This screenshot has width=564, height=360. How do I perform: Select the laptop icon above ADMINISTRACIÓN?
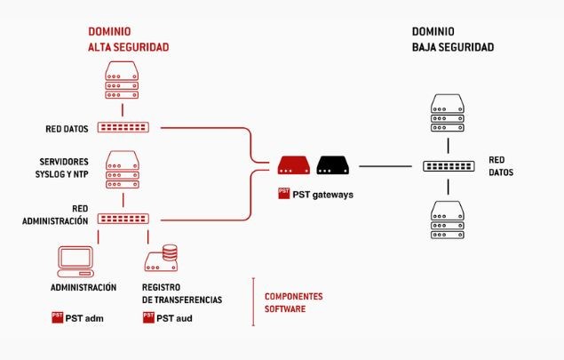(x=75, y=260)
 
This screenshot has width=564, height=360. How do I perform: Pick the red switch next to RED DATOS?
(x=123, y=127)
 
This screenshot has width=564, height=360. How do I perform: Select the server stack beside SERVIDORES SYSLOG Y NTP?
(x=123, y=171)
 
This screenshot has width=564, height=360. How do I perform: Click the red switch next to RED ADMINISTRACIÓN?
(x=123, y=218)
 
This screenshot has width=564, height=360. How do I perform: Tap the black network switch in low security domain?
(x=449, y=166)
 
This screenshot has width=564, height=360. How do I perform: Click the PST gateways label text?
(x=323, y=193)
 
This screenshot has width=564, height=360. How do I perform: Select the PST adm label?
(x=85, y=316)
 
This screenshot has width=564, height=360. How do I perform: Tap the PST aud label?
(x=174, y=316)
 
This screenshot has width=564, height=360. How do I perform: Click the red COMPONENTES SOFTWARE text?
(x=294, y=302)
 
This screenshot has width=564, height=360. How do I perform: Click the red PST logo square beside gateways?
(x=283, y=192)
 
